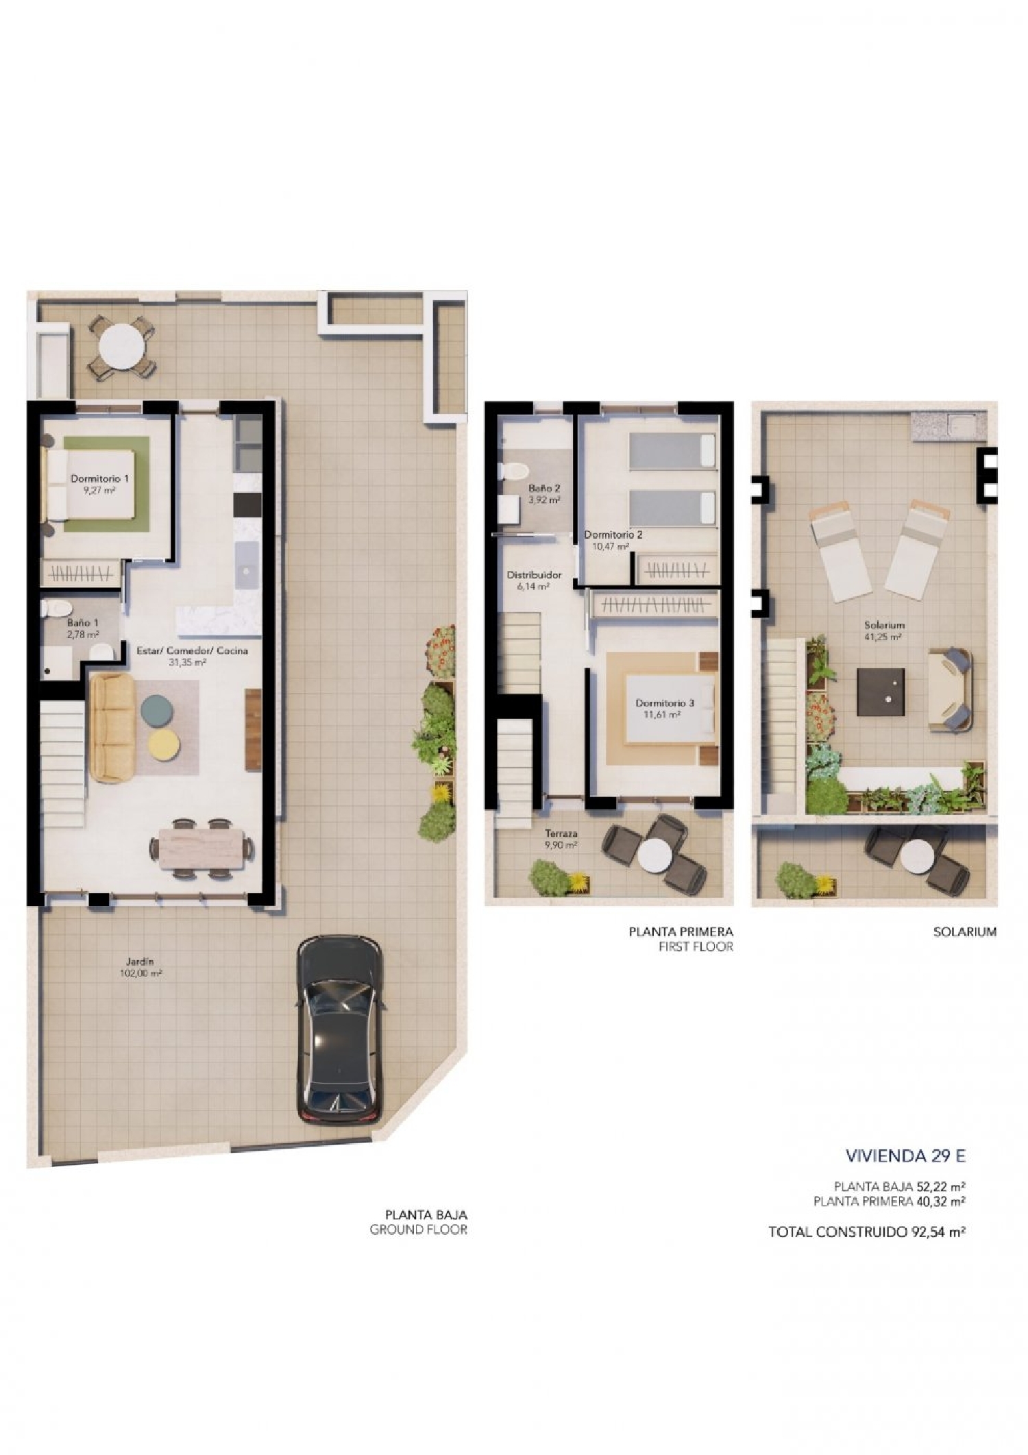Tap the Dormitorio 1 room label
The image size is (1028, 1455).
[99, 479]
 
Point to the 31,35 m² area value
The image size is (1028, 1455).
[187, 663]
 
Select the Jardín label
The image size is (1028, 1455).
[139, 962]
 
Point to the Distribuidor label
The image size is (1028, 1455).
[534, 575]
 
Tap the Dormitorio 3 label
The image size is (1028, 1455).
[664, 703]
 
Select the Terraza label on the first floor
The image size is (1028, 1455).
[561, 833]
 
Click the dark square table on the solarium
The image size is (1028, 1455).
[881, 692]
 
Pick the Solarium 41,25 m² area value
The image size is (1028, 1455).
[884, 637]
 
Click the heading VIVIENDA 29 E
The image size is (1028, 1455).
[905, 1156]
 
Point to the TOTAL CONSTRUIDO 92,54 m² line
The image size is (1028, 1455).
[866, 1232]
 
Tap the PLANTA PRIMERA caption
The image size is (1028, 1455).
[681, 931]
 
